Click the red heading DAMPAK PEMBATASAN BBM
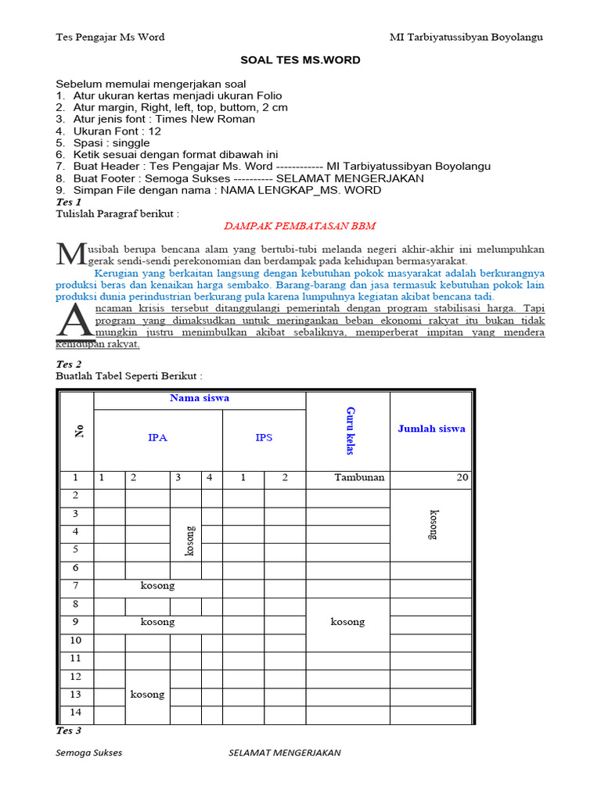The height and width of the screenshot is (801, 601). coord(300,226)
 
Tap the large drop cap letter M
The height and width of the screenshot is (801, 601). coord(70,253)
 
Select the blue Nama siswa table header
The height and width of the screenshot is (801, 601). coord(200,398)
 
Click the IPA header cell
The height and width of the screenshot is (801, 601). coord(158,438)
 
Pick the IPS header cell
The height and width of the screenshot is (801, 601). coord(264,438)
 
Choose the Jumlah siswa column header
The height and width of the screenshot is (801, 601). coord(431,429)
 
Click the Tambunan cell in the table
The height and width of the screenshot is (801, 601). coord(359,477)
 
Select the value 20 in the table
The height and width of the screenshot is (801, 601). coord(462,477)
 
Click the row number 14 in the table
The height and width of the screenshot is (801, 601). coord(76,712)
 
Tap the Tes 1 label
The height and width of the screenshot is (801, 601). coord(69,202)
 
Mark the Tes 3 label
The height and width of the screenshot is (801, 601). coord(69,731)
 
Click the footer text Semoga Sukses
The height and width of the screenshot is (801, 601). coord(88,753)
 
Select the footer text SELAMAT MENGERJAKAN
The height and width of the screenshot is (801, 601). coord(284,753)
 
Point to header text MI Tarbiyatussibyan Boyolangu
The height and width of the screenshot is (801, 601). coord(466,37)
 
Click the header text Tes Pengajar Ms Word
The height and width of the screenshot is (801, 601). coord(110,37)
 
